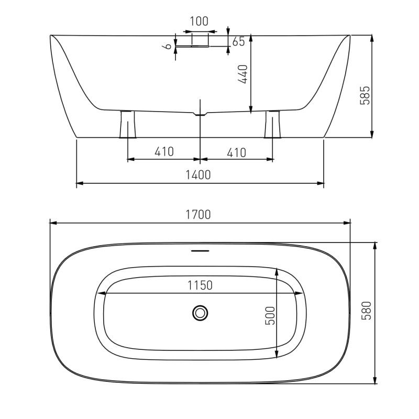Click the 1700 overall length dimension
tap(198, 215)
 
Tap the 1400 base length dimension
tap(198, 175)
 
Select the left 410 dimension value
tap(164, 151)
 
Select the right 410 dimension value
tap(236, 152)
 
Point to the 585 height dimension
tap(365, 95)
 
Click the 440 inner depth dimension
tap(244, 74)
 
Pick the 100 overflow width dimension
tap(199, 21)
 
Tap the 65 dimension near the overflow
tap(238, 41)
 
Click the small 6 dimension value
tap(168, 46)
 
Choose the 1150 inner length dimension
tap(200, 285)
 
